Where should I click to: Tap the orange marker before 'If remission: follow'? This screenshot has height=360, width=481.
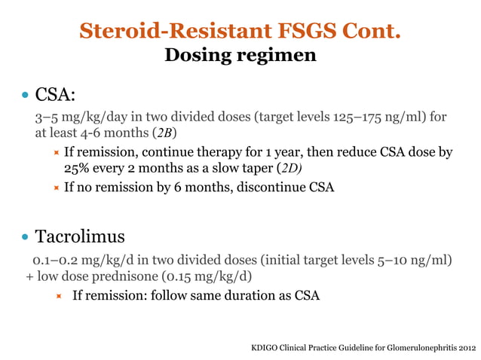(59, 296)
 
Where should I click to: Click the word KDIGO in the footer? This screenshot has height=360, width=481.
(265, 349)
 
